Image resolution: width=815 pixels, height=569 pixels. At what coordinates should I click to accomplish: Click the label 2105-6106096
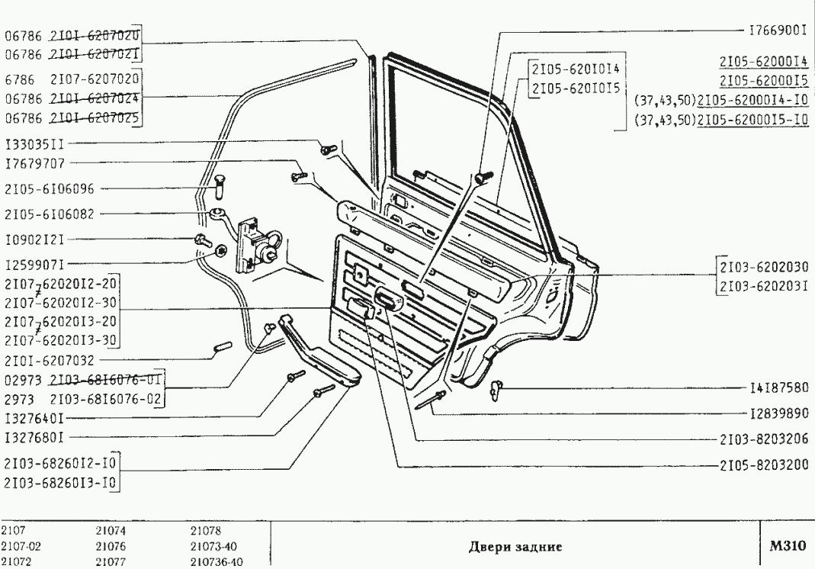tap(49, 188)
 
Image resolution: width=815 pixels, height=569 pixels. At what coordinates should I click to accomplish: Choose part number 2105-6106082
tap(49, 214)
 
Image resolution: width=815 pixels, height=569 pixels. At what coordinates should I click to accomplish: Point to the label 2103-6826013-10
tap(60, 484)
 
